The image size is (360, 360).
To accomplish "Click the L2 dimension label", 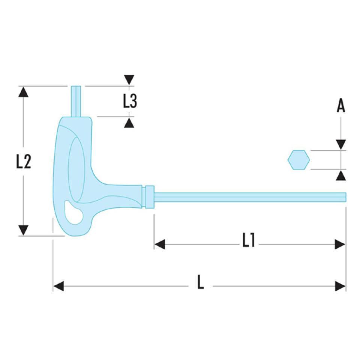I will click(x=23, y=161).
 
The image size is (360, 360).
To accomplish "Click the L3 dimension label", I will click(x=130, y=101).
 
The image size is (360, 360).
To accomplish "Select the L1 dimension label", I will click(x=248, y=240).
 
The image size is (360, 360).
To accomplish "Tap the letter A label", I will click(x=340, y=106).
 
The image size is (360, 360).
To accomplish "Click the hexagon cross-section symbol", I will click(x=298, y=160).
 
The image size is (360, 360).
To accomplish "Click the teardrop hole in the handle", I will click(x=73, y=213).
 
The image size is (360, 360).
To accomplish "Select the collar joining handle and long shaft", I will click(x=150, y=196).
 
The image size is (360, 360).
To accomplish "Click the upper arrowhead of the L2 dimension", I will click(x=23, y=92).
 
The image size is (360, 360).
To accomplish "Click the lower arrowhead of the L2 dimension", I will click(x=23, y=230).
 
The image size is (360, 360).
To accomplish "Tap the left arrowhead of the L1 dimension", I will click(x=160, y=244).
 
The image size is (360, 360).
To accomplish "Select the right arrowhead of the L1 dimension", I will click(x=340, y=244).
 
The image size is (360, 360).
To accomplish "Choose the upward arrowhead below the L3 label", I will click(x=129, y=122).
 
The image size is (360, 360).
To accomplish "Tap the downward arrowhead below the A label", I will click(x=340, y=144).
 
